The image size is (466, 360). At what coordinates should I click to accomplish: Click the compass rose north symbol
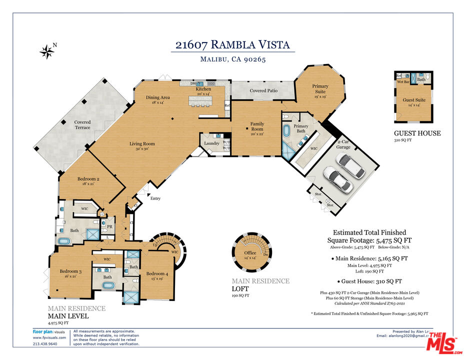point(48,50)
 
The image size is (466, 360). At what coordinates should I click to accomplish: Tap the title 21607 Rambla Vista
point(232,44)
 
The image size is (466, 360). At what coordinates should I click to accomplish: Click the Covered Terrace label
point(82,124)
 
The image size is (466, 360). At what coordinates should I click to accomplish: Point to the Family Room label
point(257,126)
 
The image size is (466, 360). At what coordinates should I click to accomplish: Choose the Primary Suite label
point(320,89)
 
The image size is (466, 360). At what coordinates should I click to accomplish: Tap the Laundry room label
point(211,143)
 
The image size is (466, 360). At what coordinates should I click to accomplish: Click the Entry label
point(155,198)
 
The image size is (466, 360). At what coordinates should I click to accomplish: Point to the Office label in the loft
point(250,252)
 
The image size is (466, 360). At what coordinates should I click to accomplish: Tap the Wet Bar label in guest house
point(403,81)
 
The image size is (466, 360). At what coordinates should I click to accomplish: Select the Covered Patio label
point(263,90)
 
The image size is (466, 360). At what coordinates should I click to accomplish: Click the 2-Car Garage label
point(343,144)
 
